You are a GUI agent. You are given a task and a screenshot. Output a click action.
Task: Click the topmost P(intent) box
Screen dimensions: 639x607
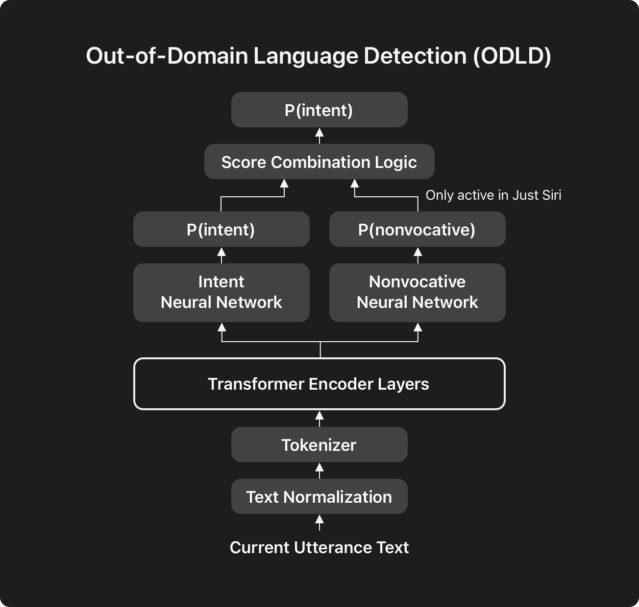(319, 110)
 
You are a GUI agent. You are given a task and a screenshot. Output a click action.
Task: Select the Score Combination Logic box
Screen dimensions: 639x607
(319, 162)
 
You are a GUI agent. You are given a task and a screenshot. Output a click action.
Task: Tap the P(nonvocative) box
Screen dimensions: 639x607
(418, 229)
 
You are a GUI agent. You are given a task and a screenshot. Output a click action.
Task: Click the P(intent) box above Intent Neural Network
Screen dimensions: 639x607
(221, 229)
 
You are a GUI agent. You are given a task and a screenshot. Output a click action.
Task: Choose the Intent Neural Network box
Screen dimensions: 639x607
(221, 293)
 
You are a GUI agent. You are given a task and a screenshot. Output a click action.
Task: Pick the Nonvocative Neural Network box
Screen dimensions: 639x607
(418, 293)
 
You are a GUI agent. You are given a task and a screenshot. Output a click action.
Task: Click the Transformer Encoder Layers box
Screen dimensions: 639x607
(319, 384)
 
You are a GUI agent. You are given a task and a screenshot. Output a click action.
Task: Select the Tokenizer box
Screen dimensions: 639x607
(319, 444)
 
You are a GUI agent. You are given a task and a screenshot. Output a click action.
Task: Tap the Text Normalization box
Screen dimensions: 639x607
(319, 496)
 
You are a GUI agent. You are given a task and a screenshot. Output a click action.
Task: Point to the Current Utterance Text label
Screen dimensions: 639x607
(319, 548)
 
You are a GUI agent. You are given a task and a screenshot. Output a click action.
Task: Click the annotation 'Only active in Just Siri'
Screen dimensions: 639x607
(493, 195)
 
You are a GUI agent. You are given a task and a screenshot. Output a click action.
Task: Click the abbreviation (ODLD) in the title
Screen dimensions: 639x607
(512, 56)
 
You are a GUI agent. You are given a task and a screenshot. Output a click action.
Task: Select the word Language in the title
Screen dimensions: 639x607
(305, 56)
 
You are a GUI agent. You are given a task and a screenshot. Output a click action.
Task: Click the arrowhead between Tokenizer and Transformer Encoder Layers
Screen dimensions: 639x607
(319, 416)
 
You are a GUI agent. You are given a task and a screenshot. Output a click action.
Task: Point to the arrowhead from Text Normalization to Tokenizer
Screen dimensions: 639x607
(319, 467)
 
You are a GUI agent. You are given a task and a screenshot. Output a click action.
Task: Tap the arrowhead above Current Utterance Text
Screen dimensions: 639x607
(319, 519)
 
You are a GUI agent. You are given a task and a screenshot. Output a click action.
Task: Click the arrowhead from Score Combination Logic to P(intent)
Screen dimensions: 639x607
(319, 133)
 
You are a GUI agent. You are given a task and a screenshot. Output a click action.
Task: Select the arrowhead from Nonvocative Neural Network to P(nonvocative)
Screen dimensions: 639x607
(418, 252)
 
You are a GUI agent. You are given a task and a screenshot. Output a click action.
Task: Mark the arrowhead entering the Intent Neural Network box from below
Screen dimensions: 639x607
(221, 327)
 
